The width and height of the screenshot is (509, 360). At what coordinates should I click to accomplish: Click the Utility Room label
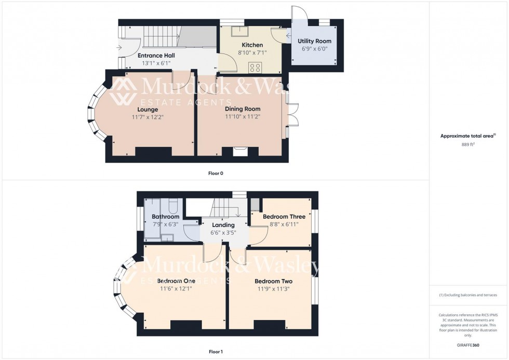pyautogui.click(x=314, y=41)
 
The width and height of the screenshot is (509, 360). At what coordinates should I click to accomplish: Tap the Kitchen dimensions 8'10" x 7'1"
pyautogui.click(x=252, y=52)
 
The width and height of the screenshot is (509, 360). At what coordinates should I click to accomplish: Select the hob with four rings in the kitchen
pyautogui.click(x=255, y=66)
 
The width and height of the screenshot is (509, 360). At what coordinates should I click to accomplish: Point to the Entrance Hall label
pyautogui.click(x=156, y=55)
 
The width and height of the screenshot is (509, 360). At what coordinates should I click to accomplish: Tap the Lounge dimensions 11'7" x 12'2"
pyautogui.click(x=148, y=117)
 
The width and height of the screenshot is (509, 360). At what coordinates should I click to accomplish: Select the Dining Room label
pyautogui.click(x=242, y=109)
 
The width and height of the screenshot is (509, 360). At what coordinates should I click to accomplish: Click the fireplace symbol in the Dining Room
pyautogui.click(x=240, y=151)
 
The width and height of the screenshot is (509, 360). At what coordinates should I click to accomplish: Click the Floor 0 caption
pyautogui.click(x=216, y=173)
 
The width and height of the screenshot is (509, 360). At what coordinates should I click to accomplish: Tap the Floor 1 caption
pyautogui.click(x=216, y=352)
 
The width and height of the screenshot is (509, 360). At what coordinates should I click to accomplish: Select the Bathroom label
pyautogui.click(x=165, y=217)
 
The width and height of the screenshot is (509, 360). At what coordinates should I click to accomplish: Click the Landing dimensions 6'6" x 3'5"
pyautogui.click(x=223, y=233)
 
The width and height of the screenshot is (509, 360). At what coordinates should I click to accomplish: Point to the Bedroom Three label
pyautogui.click(x=280, y=217)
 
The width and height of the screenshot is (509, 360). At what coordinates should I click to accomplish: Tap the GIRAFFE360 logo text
pyautogui.click(x=469, y=345)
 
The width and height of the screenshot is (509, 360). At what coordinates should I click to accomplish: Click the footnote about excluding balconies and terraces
pyautogui.click(x=468, y=295)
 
